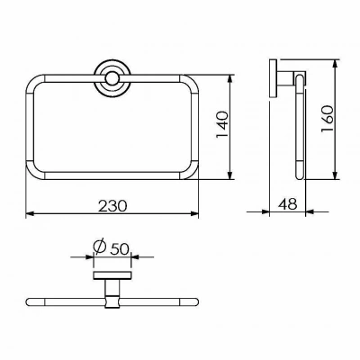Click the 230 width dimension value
point(113,205)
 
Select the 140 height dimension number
point(222,125)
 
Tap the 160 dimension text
point(327,119)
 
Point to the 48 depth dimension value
point(288,204)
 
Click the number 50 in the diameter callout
point(120,248)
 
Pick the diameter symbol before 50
point(99,247)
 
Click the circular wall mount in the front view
point(112,79)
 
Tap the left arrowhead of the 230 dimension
point(30,213)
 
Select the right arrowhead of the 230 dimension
point(195,213)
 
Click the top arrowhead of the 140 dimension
point(229,78)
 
